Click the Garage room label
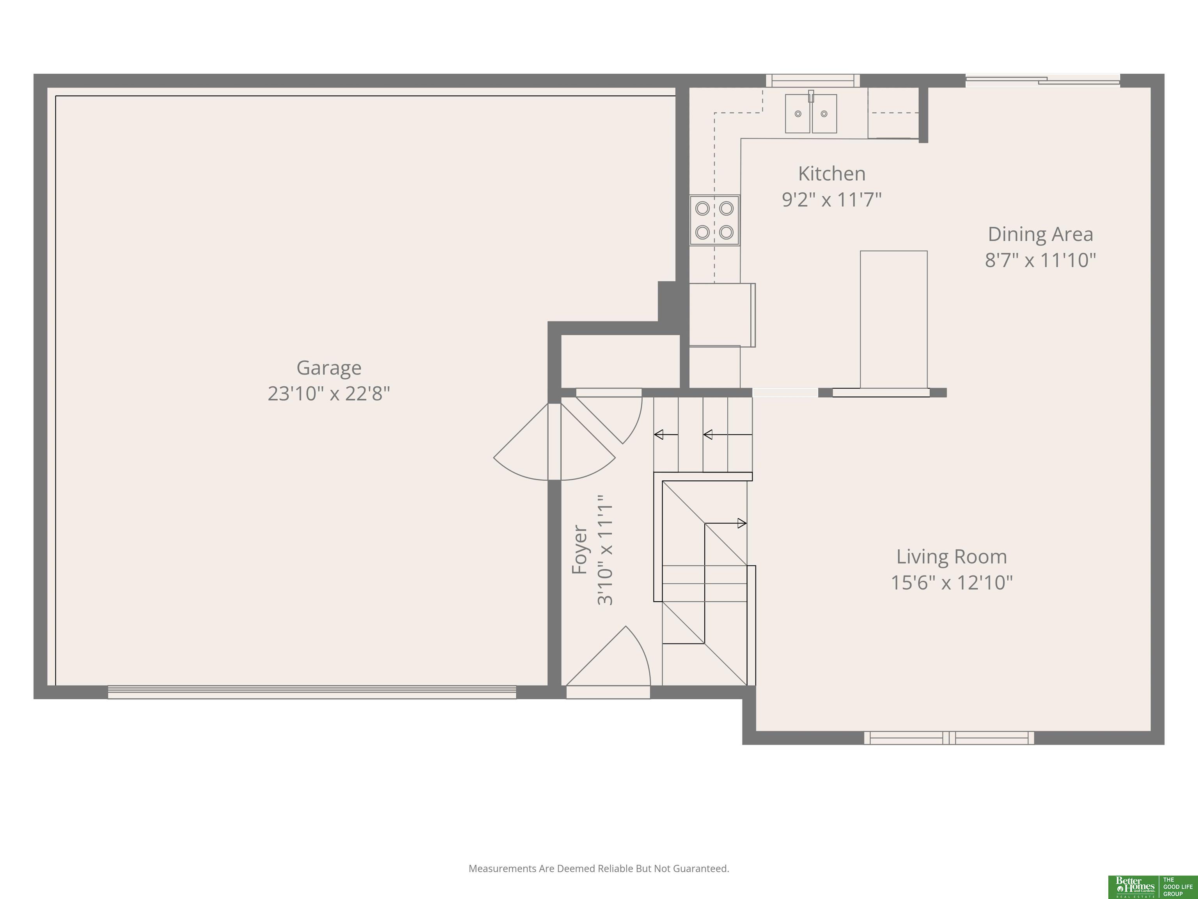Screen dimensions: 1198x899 point(329,368)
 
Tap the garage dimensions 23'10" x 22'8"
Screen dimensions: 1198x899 point(329,393)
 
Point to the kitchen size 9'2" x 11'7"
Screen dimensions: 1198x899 point(832,199)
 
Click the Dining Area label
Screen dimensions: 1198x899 point(1040,234)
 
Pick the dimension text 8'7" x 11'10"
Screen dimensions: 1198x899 point(1040,260)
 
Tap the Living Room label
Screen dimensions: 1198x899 point(952,556)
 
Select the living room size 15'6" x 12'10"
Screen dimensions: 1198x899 point(952,583)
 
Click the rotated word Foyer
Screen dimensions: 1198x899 point(580,549)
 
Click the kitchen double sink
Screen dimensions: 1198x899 point(811,113)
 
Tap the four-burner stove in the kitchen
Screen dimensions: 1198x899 point(714,220)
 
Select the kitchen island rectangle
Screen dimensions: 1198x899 point(894,319)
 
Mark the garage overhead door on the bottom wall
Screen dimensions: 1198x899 point(312,692)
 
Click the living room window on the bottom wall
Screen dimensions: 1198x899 point(949,737)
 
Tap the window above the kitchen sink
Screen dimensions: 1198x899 point(812,81)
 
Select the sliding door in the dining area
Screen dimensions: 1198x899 point(1042,81)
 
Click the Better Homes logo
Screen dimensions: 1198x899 point(1134,887)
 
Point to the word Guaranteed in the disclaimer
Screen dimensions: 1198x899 point(701,869)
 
